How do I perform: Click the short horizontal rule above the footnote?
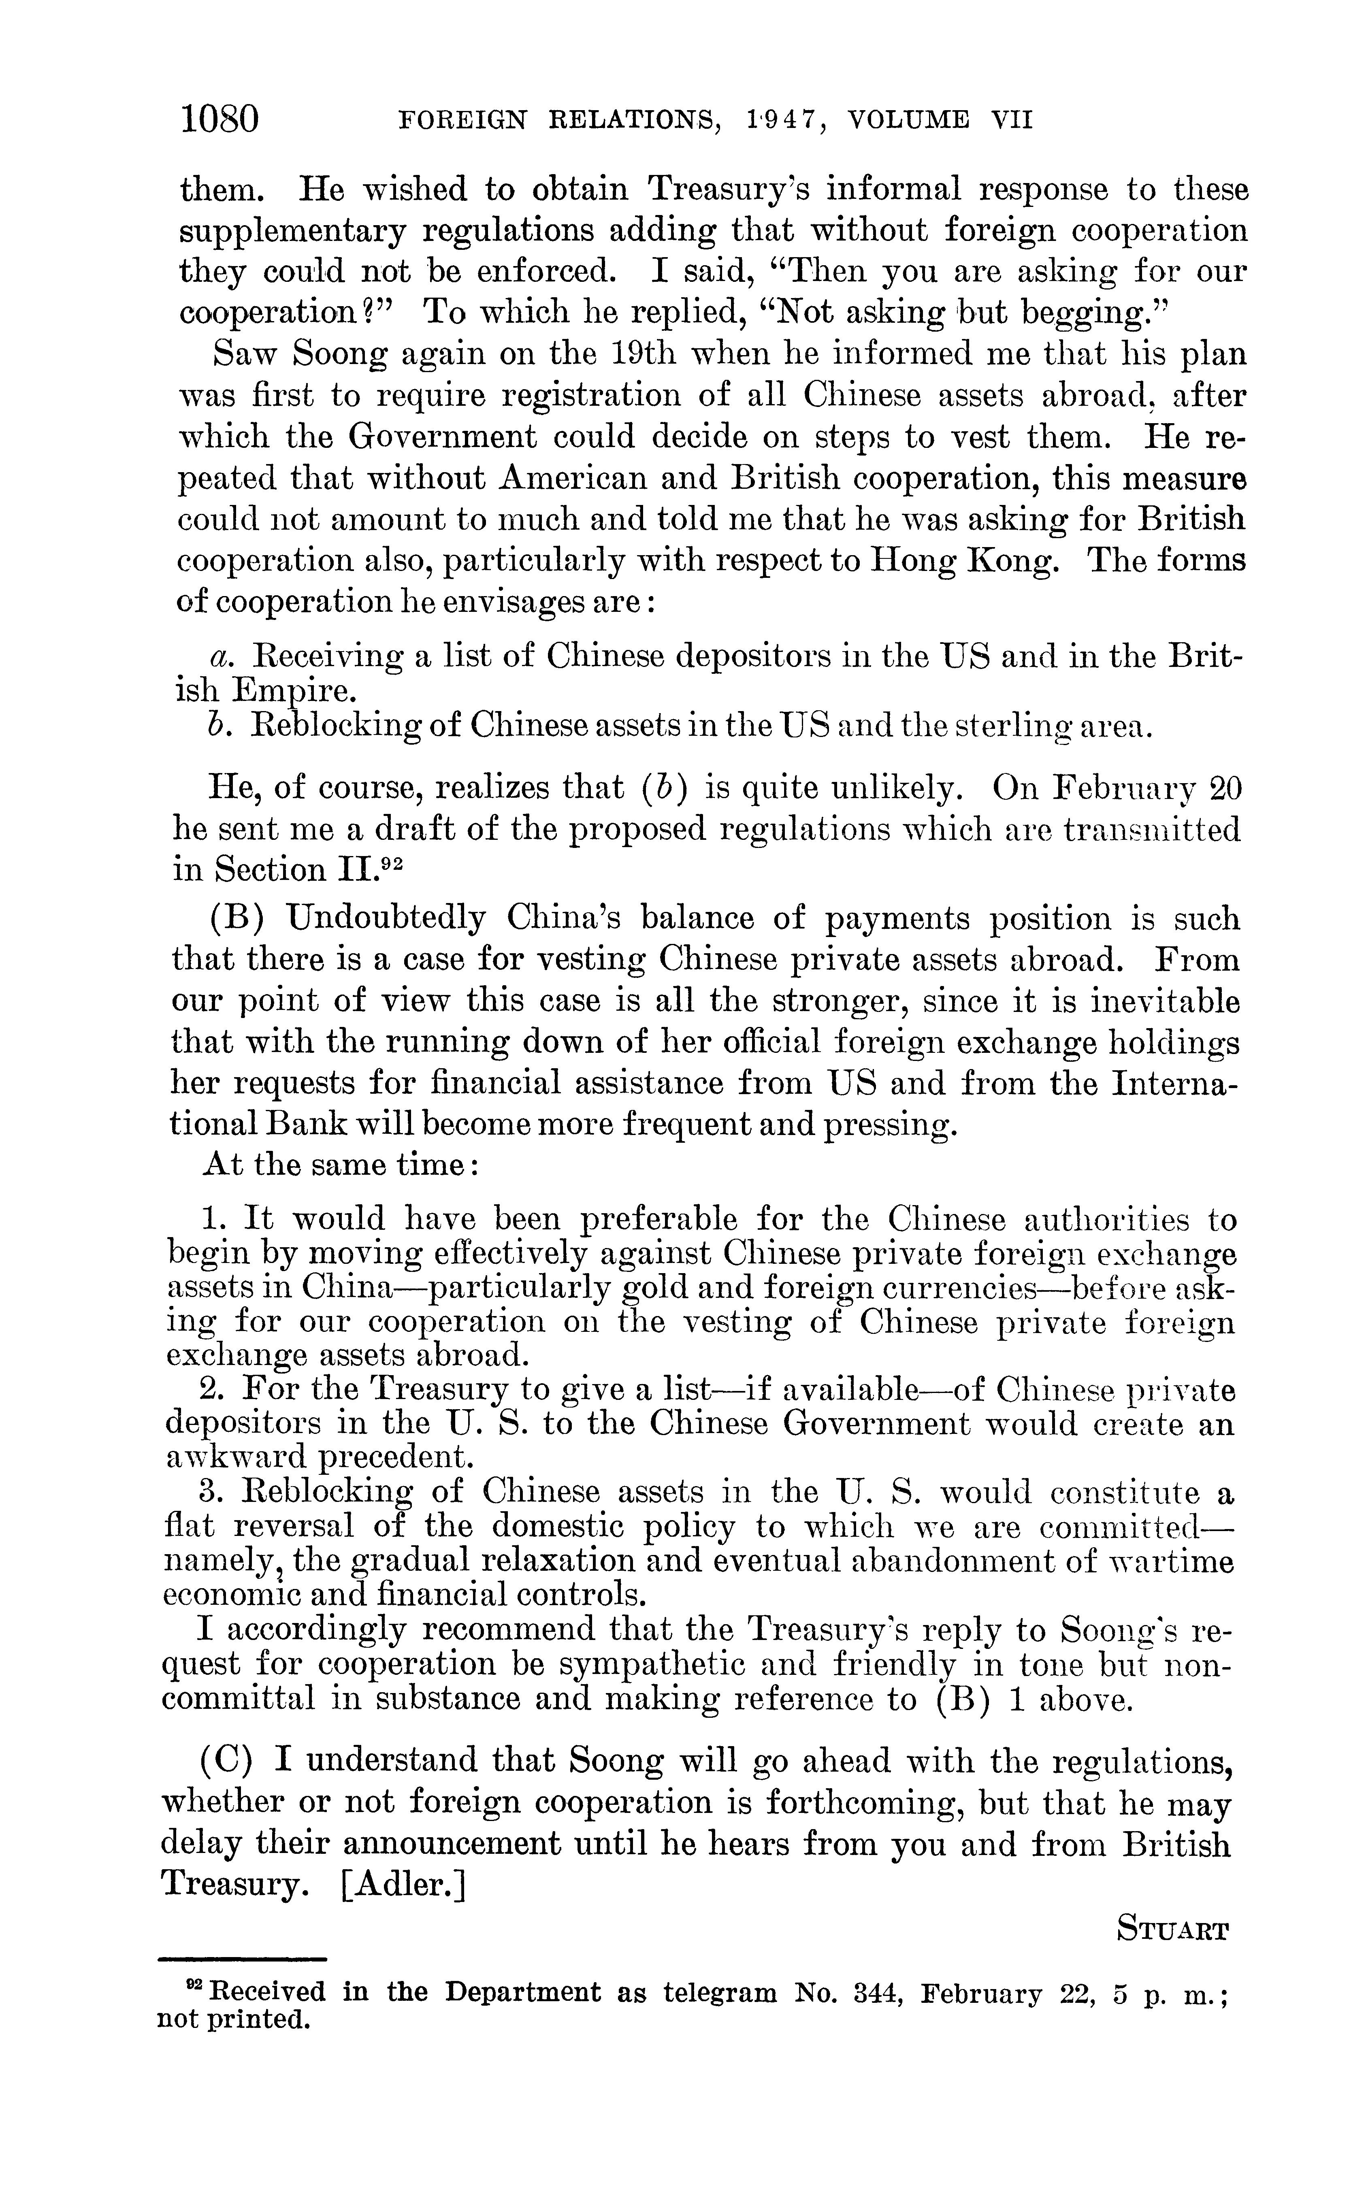[242, 1959]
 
